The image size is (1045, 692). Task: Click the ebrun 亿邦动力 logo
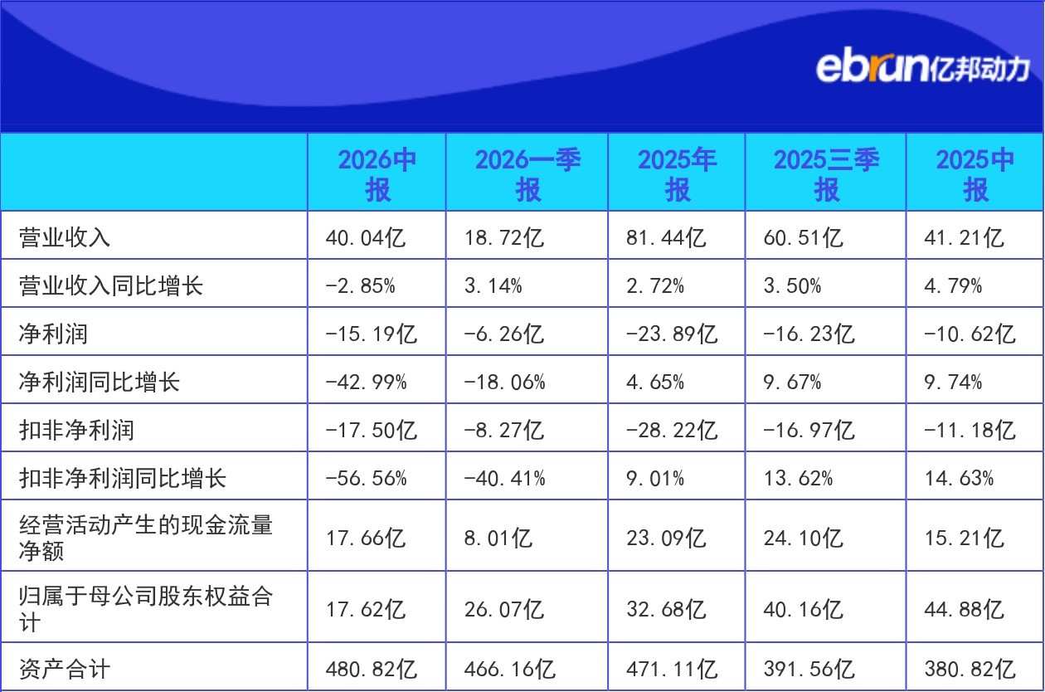(x=922, y=69)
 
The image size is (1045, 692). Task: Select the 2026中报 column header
(x=377, y=174)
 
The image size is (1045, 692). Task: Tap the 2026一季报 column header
(x=527, y=174)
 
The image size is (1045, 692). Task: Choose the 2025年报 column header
(x=677, y=174)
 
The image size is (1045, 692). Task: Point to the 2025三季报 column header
(x=826, y=174)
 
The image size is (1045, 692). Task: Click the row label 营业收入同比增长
(x=111, y=285)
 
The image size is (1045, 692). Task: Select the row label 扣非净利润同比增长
(x=123, y=478)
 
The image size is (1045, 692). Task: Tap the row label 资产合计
(x=65, y=669)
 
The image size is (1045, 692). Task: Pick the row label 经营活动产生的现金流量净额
(x=146, y=538)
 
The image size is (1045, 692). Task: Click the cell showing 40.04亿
(x=366, y=237)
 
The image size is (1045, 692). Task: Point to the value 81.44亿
(x=666, y=237)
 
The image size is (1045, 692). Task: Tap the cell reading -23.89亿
(x=672, y=334)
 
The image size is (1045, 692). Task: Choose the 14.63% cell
(x=959, y=478)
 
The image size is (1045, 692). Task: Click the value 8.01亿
(x=498, y=538)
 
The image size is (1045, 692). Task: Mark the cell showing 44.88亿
(x=964, y=609)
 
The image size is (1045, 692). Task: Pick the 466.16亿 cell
(x=510, y=669)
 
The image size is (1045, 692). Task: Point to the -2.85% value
(x=361, y=285)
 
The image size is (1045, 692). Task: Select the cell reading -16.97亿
(x=809, y=431)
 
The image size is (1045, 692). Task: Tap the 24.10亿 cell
(x=804, y=538)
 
